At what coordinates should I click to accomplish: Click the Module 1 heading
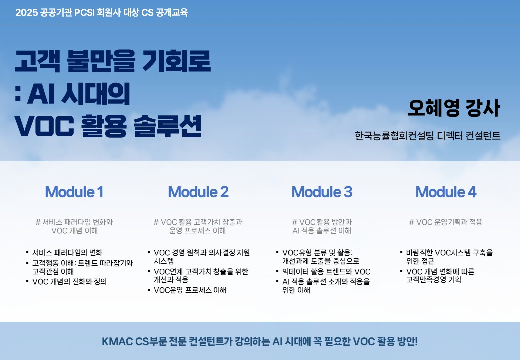pos(74,192)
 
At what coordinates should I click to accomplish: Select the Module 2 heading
pos(198,192)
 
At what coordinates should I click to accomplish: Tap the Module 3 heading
pos(322,192)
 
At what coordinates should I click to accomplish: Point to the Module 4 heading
pos(446,192)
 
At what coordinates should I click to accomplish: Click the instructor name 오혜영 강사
pos(454,108)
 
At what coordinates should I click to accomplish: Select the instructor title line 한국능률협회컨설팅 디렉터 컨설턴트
pos(428,136)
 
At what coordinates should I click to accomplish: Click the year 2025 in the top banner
pos(26,13)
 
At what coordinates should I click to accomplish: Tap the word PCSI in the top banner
pos(84,13)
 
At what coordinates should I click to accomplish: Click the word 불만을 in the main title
pos(101,61)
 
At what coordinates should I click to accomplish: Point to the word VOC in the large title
pos(44,126)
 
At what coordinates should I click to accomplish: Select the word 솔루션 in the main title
pos(168,126)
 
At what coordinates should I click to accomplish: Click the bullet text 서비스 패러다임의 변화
pos(67,253)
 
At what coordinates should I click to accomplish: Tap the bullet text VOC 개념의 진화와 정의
pos(69,282)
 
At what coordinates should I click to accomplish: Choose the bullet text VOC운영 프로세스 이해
pos(190,290)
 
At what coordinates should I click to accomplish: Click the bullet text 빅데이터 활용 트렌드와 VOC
pos(326,272)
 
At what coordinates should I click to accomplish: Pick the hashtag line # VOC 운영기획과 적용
pos(445,222)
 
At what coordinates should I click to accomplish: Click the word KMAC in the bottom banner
pos(117,341)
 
